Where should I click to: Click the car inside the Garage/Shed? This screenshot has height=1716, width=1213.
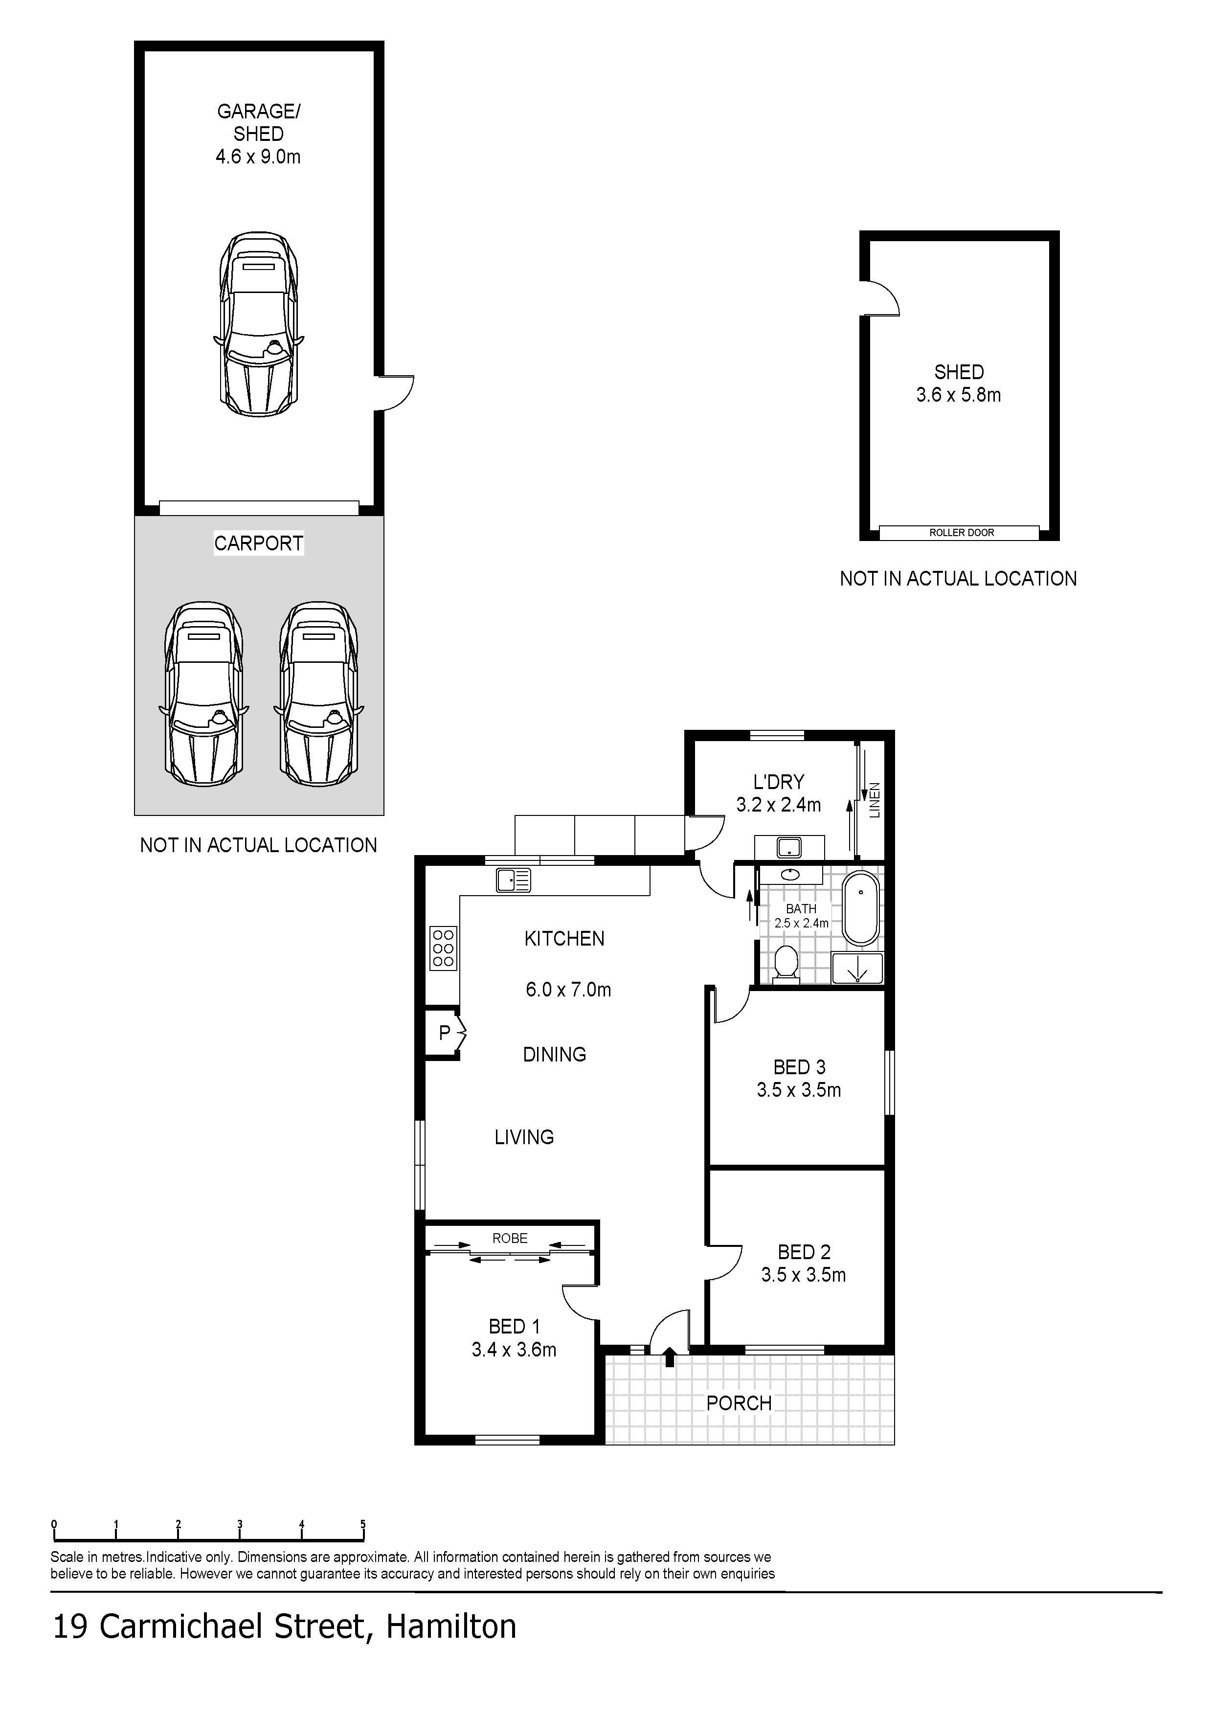[259, 324]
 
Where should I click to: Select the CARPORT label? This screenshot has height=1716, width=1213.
[259, 543]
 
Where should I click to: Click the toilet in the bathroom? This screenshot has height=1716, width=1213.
[786, 964]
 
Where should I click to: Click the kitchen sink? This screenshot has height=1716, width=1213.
[514, 881]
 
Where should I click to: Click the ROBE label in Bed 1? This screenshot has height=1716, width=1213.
[510, 1239]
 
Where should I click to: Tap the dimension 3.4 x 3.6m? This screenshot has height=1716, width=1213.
[514, 1350]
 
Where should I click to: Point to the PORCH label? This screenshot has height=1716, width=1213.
[739, 1403]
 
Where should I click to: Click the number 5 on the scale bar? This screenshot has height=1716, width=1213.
[363, 1525]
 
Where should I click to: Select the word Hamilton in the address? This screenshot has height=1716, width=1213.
[450, 1627]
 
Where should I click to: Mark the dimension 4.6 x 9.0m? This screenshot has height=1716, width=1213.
[259, 157]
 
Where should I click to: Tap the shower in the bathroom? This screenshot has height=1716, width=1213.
[857, 968]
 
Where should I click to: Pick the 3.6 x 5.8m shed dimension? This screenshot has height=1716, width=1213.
[959, 395]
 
